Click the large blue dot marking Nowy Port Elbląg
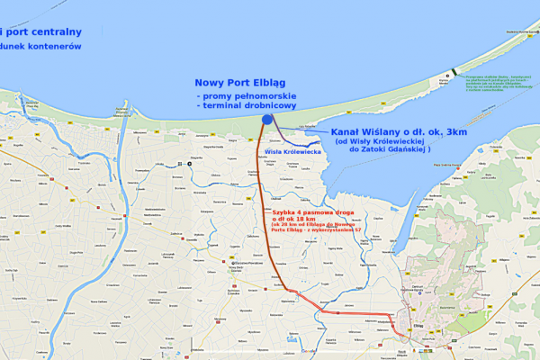pyautogui.click(x=266, y=119)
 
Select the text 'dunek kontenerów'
pyautogui.click(x=42, y=46)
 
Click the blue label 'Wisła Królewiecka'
pyautogui.click(x=293, y=152)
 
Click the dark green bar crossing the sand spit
pyautogui.click(x=454, y=72)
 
